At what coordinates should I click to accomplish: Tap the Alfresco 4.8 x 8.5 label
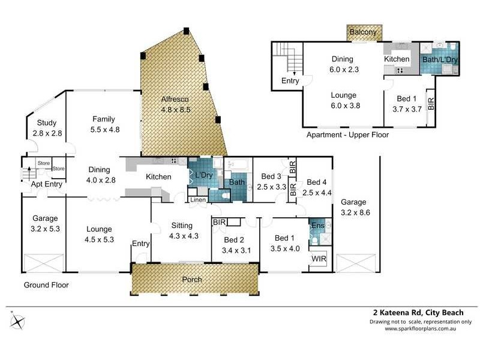tap(175, 104)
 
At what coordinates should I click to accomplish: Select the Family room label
tap(103, 124)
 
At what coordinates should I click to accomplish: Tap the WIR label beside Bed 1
tap(318, 259)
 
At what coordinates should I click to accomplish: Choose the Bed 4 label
tap(317, 187)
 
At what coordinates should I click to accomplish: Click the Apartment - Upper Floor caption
tap(347, 135)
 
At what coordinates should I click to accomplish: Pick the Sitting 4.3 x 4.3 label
tap(181, 230)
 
